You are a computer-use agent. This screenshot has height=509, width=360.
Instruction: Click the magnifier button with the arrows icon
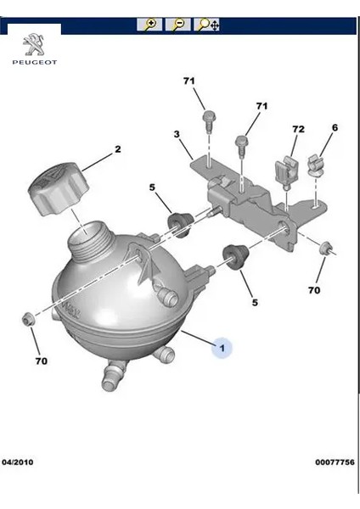click(207, 25)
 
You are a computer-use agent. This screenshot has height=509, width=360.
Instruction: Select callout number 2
click(118, 149)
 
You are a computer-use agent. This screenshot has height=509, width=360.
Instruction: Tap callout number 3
click(176, 134)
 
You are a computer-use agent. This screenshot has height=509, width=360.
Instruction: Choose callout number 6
click(335, 127)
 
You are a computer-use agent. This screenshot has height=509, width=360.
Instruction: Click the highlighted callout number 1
click(222, 347)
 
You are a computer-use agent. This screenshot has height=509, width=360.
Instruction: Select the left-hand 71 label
click(189, 81)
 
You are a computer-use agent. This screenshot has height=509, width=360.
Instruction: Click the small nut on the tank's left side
click(27, 319)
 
